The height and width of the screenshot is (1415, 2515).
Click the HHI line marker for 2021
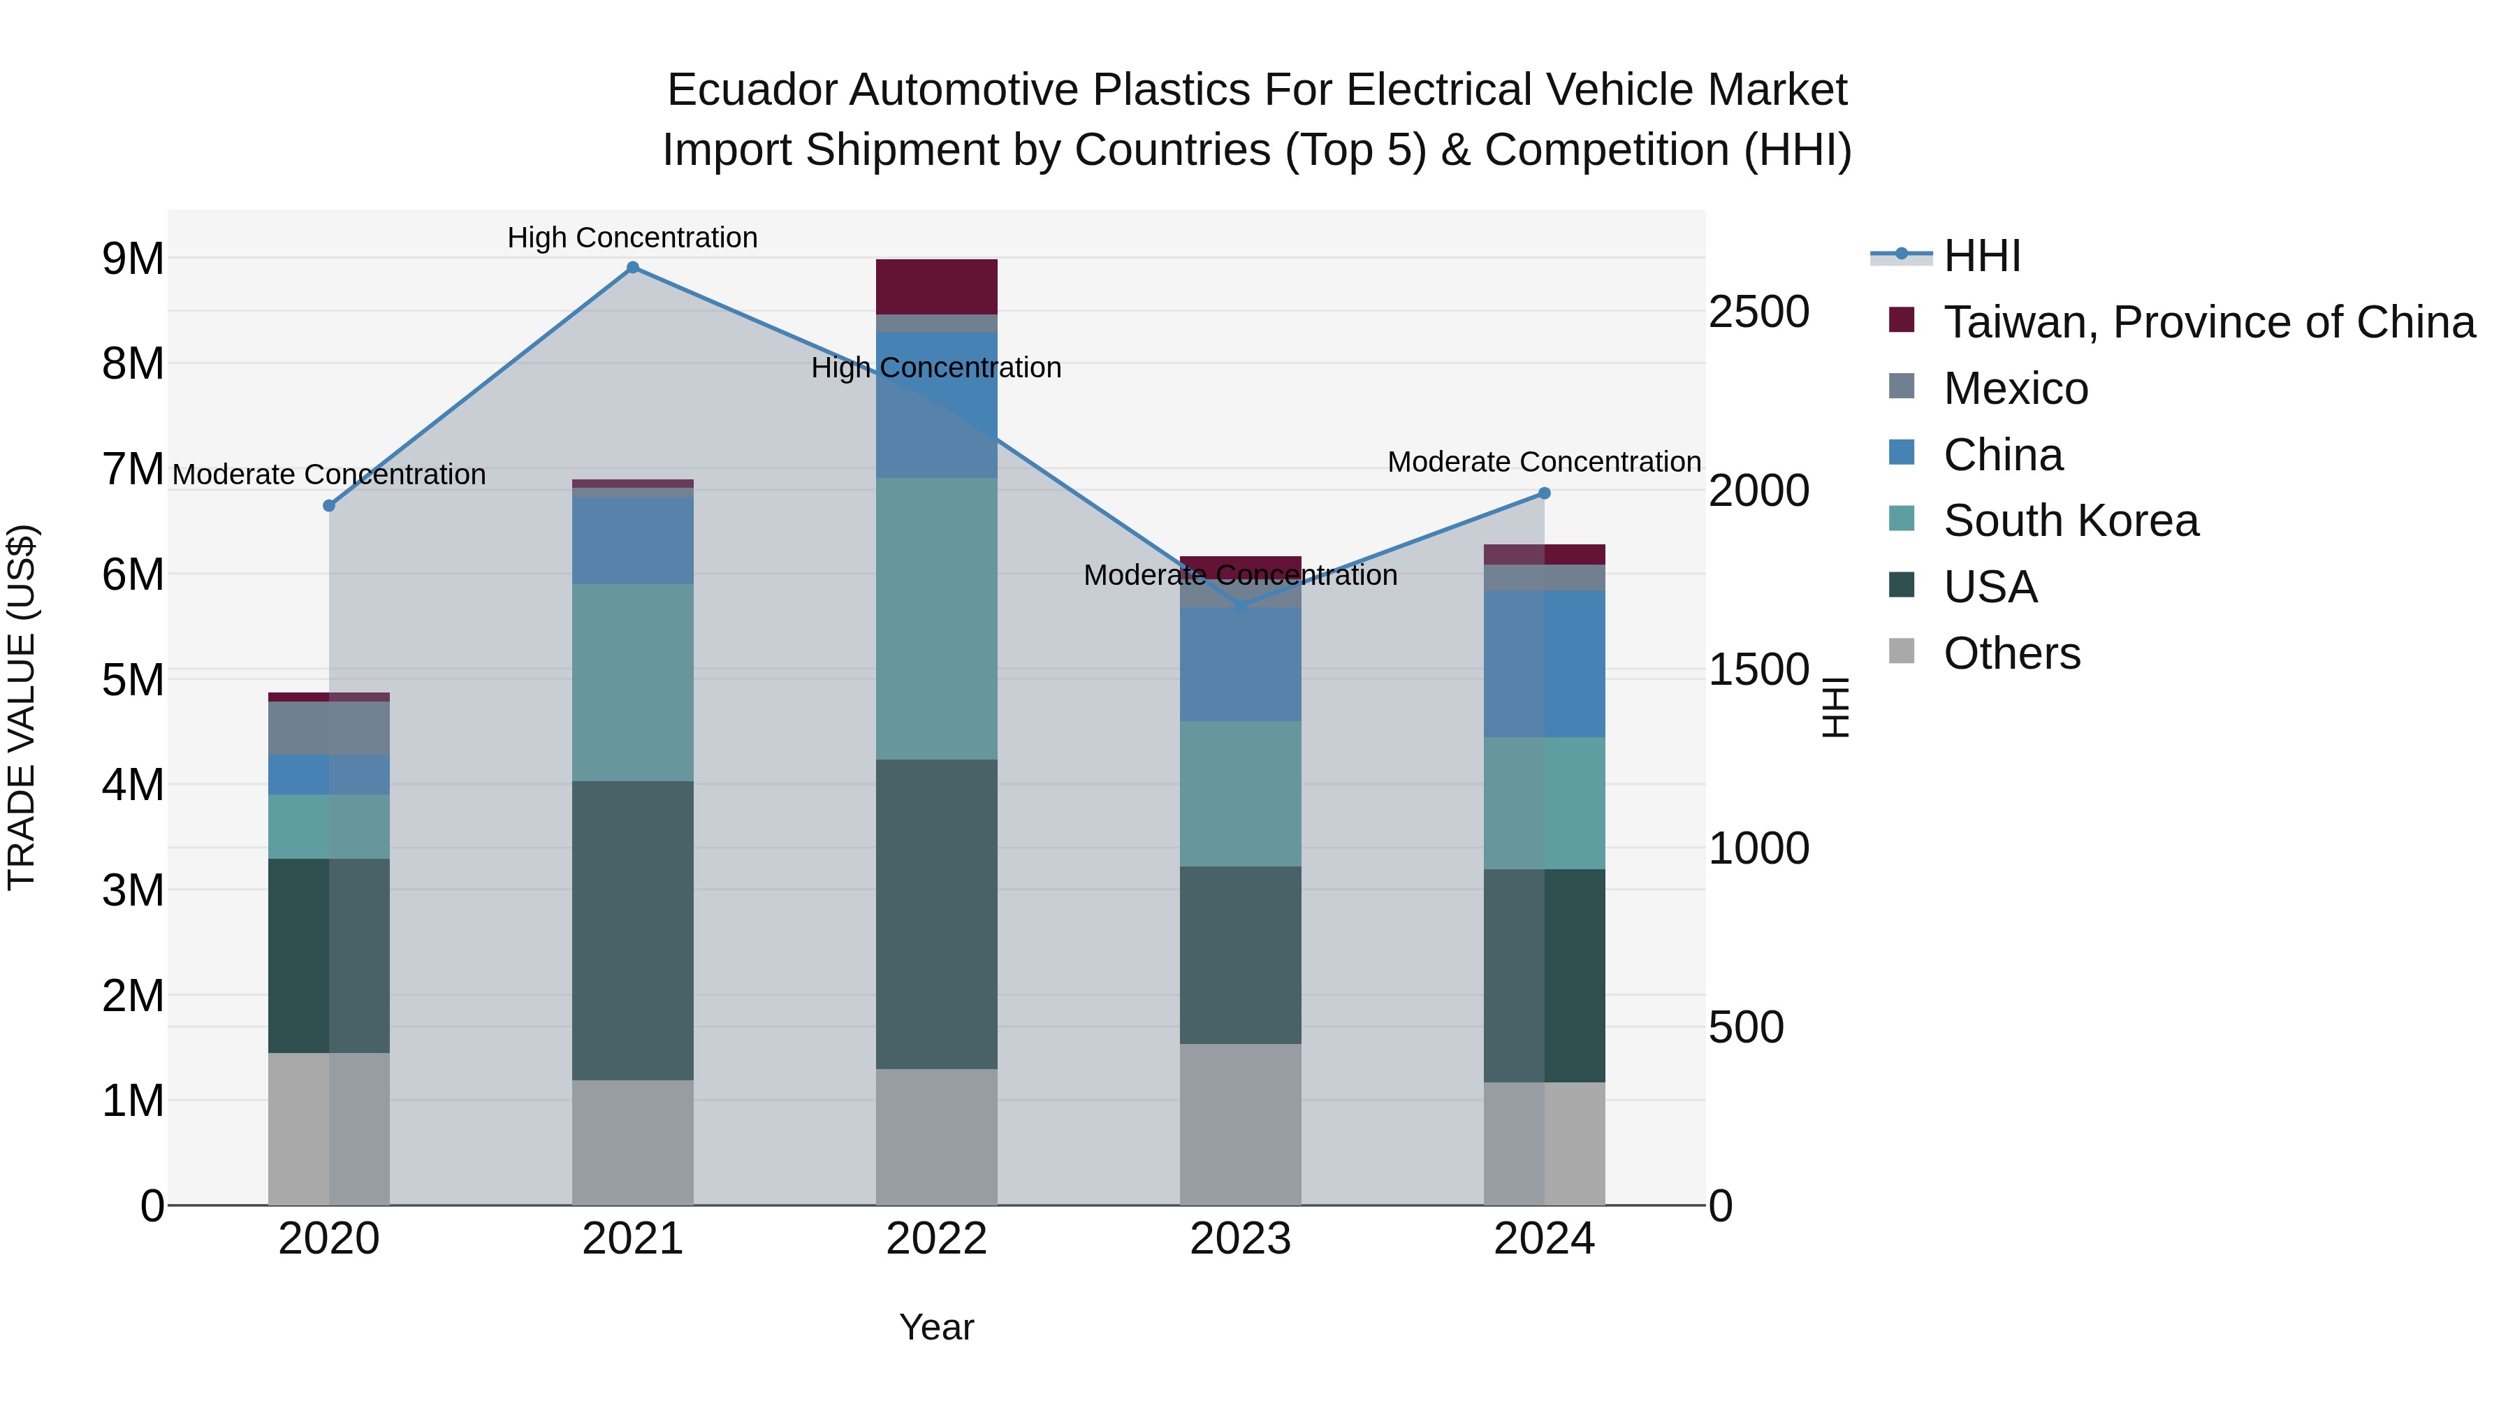[x=633, y=268]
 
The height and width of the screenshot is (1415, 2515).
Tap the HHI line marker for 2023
[x=1241, y=605]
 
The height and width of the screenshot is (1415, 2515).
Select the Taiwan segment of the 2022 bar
[x=936, y=286]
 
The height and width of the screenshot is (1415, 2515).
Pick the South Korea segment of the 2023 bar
[x=1240, y=793]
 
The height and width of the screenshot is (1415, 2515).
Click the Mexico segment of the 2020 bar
[x=329, y=727]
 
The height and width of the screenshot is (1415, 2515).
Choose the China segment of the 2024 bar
[x=1545, y=663]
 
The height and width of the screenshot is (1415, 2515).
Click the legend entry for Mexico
[x=2015, y=389]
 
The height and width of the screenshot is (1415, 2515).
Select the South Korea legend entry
[x=2070, y=521]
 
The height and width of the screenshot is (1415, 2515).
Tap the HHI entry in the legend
[x=1981, y=256]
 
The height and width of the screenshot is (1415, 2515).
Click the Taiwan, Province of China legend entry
[x=2208, y=322]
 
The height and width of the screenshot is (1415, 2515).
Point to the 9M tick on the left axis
[x=133, y=259]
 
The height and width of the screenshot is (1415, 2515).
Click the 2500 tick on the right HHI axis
[x=1758, y=312]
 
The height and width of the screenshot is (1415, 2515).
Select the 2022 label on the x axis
[x=936, y=1239]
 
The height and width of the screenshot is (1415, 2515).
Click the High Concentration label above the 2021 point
[x=633, y=238]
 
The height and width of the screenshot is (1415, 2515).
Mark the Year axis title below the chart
[x=936, y=1327]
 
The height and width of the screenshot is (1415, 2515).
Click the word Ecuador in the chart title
[x=751, y=90]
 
